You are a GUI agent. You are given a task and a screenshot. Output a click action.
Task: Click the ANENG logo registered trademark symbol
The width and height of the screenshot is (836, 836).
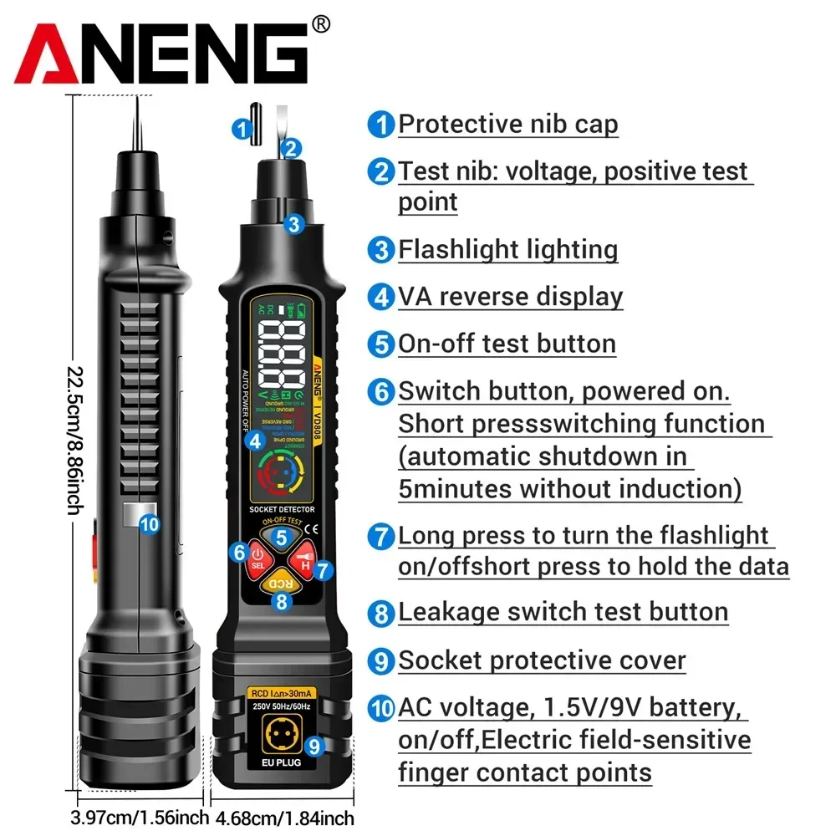pyautogui.click(x=320, y=26)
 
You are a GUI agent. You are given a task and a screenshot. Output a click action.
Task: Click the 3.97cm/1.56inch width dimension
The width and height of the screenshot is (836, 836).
pyautogui.click(x=138, y=817)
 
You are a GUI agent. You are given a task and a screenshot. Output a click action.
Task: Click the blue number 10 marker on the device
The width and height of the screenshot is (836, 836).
pyautogui.click(x=150, y=524)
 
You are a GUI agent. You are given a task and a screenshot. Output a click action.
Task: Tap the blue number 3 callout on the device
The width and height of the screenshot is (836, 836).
pyautogui.click(x=293, y=223)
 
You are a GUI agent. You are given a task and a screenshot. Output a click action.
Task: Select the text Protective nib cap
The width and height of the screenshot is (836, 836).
pyautogui.click(x=507, y=125)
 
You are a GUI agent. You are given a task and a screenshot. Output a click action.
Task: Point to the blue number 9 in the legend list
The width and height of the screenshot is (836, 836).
pyautogui.click(x=382, y=661)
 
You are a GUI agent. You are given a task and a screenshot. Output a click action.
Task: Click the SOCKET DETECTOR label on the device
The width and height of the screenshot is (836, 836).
pyautogui.click(x=282, y=508)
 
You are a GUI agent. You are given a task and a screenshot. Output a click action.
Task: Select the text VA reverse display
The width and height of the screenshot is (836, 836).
pyautogui.click(x=510, y=296)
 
